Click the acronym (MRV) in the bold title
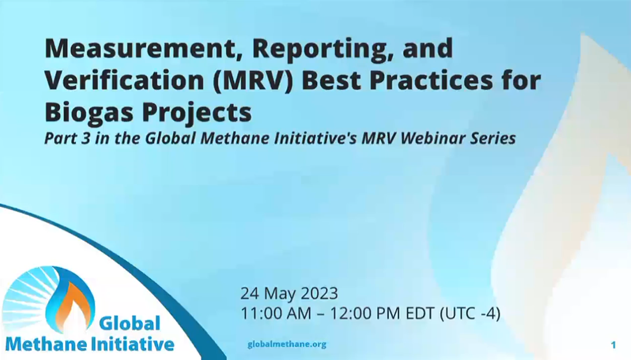click(253, 81)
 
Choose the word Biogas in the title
click(89, 112)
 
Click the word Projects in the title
click(197, 112)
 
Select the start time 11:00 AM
click(276, 313)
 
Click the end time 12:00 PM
click(365, 313)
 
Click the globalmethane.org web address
click(287, 344)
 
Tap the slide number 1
click(614, 345)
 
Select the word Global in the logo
click(130, 323)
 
